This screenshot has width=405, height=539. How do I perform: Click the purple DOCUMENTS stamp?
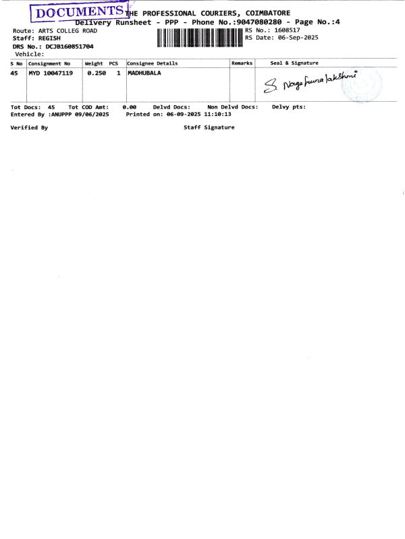[x=80, y=12]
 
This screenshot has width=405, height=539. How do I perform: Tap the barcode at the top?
[x=200, y=38]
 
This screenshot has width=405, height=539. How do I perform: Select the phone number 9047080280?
[x=259, y=22]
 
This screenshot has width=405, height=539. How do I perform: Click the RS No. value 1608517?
[x=287, y=30]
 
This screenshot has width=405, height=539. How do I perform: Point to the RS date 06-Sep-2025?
[x=298, y=38]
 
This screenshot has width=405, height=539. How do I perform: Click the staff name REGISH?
[x=49, y=38]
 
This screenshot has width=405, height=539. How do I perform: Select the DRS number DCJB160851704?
[x=70, y=46]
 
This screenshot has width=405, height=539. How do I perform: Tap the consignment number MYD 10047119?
[x=51, y=73]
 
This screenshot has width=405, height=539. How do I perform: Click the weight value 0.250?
[x=97, y=73]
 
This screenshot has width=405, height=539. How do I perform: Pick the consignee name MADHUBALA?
[x=144, y=73]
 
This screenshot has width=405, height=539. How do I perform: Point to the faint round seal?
[x=362, y=85]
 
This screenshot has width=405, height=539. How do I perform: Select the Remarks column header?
[x=242, y=63]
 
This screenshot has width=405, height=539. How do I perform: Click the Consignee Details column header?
[x=153, y=63]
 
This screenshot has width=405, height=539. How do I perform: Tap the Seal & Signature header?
[x=294, y=63]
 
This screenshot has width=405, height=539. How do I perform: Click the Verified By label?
[x=29, y=128]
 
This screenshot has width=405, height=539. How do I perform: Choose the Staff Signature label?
[x=209, y=127]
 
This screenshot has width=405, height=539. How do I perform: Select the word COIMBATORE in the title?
[x=267, y=13]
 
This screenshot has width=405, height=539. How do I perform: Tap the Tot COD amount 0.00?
[x=129, y=107]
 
